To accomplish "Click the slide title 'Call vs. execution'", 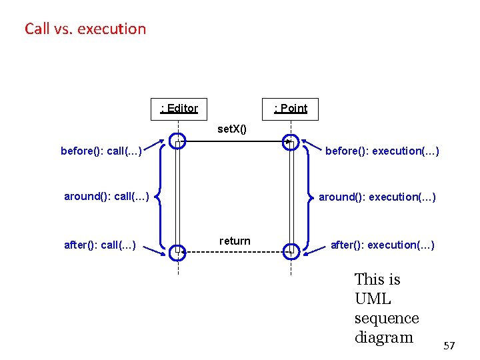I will point(85,29).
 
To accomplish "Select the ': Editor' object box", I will point(179,108).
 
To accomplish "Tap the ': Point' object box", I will point(291,108).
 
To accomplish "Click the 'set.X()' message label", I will point(232,129).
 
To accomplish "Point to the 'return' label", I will point(235,241).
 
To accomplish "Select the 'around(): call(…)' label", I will point(107,196).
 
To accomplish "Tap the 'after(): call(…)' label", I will point(100,245).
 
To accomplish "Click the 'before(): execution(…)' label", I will point(382,151).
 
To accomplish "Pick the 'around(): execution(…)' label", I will point(377,197).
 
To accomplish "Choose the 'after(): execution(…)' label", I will point(383,245).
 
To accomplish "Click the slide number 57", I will point(449,345).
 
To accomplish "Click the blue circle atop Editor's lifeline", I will point(177,142).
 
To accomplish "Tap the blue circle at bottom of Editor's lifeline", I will point(177,252).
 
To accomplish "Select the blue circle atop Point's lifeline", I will point(291,142).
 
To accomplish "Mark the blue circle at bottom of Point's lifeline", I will point(291,252).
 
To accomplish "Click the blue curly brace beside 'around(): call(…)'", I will point(159,197).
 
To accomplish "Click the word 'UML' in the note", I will point(373,299).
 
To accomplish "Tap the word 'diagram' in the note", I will point(384,337).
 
